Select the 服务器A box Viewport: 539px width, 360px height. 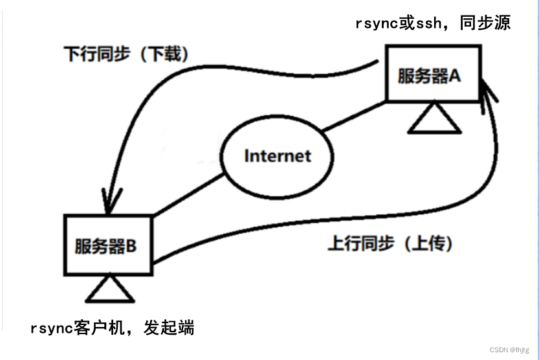(433, 74)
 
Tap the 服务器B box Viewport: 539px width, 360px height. (108, 245)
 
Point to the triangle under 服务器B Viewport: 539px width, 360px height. (109, 289)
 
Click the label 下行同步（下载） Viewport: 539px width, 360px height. (127, 54)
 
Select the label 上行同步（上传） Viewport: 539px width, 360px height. (390, 244)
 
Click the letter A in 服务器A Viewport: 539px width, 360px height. (455, 75)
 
